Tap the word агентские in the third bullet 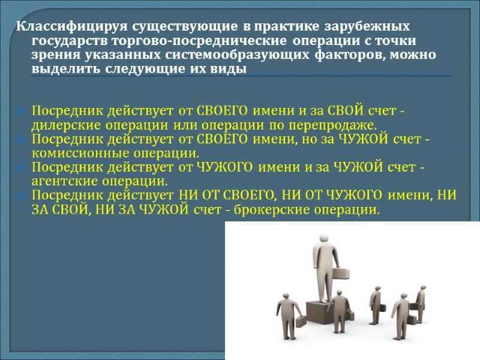point(58,181)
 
